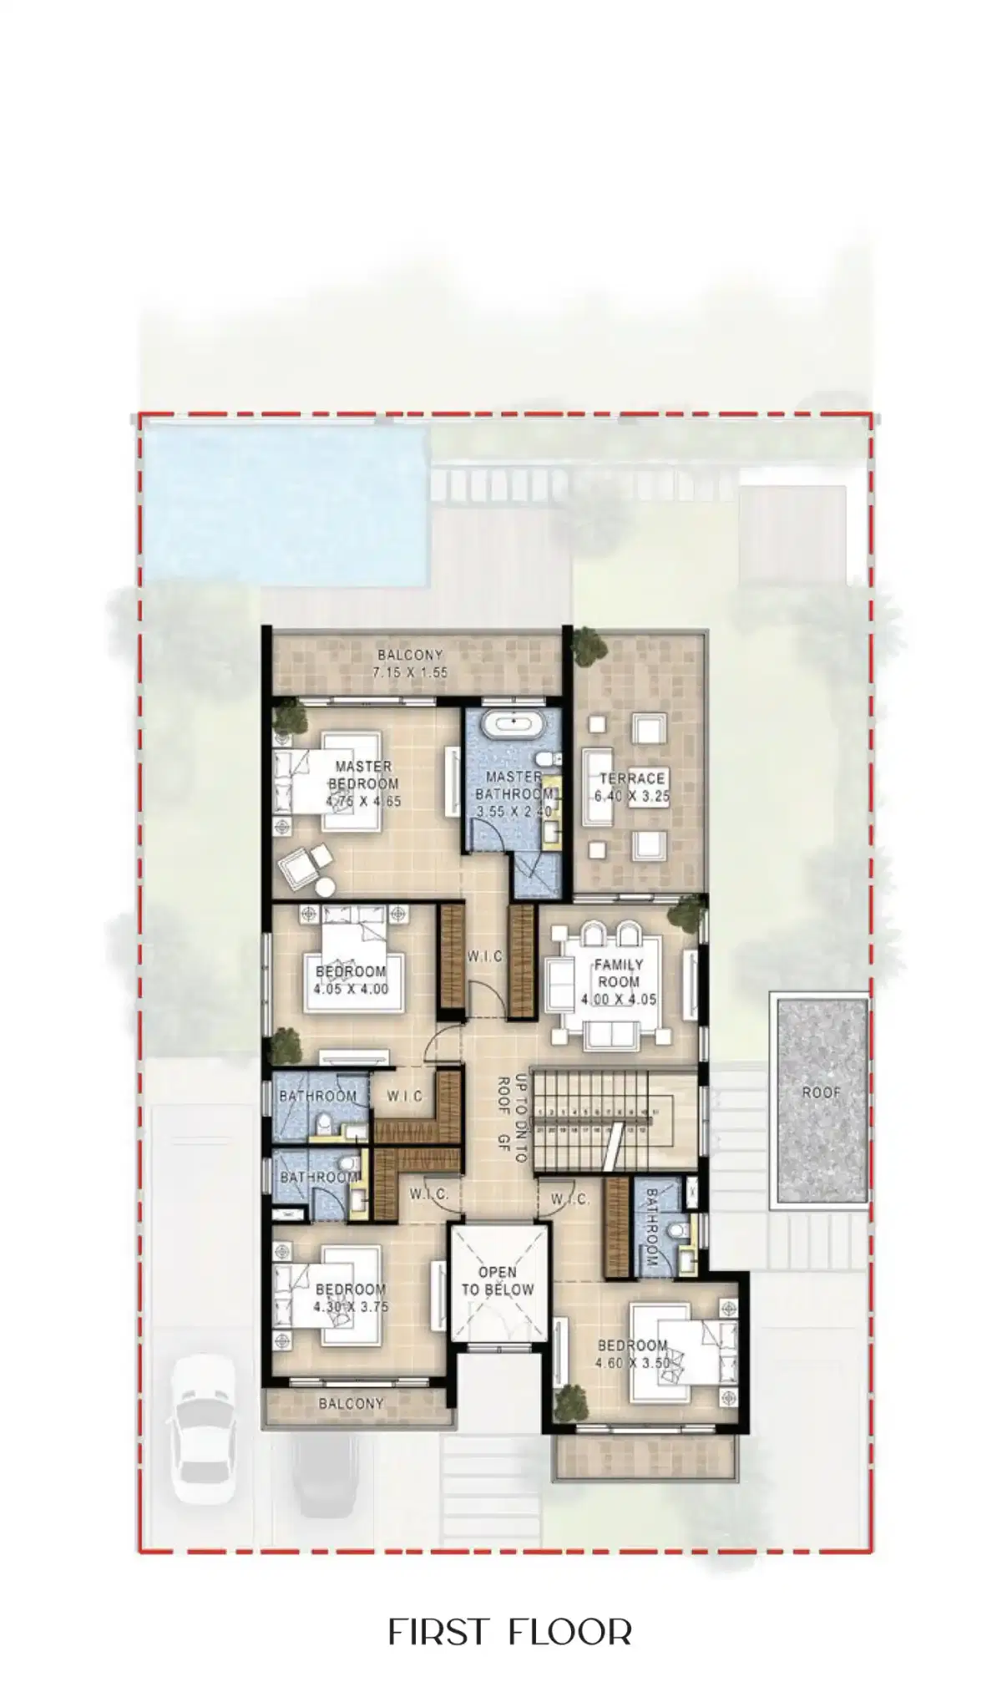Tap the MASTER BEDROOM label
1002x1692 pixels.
(x=363, y=775)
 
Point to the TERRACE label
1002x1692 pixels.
(x=631, y=778)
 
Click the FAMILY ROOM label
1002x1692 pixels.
(x=618, y=973)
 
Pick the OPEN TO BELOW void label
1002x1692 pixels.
(x=498, y=1280)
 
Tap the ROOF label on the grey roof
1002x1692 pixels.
(x=821, y=1092)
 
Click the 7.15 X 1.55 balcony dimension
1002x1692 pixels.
(x=410, y=671)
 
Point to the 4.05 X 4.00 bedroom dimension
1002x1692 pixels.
(x=351, y=990)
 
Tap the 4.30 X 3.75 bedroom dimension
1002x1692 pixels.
(x=351, y=1307)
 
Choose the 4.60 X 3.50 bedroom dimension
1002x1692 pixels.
(x=632, y=1364)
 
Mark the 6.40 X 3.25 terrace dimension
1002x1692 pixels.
(x=632, y=797)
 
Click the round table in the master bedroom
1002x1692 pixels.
(x=324, y=888)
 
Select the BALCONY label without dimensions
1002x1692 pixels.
(x=351, y=1404)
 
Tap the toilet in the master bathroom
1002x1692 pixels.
(x=545, y=759)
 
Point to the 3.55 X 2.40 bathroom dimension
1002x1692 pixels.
(x=513, y=811)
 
